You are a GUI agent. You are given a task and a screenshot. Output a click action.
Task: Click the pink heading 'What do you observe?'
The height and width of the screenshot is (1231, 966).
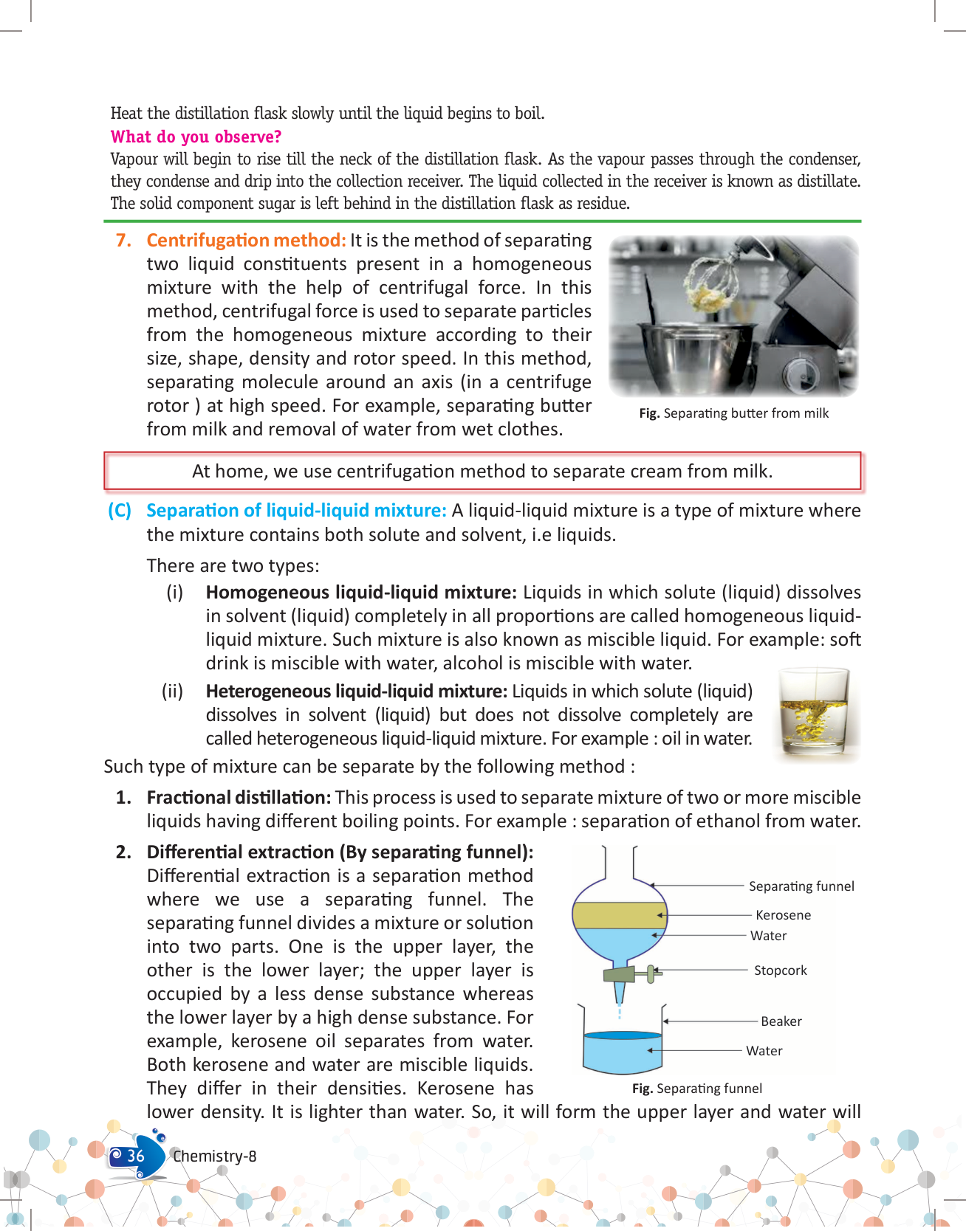196,137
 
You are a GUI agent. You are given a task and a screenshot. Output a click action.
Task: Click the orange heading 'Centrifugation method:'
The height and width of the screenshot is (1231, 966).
246,241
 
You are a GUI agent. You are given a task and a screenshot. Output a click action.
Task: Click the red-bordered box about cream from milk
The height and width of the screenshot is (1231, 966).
482,472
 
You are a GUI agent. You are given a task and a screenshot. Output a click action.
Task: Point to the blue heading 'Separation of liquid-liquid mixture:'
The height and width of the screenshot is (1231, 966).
296,511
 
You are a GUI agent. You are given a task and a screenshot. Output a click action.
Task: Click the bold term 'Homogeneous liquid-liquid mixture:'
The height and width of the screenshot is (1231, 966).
361,593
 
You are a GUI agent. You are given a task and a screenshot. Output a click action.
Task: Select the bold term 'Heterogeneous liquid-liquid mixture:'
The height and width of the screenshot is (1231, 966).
357,692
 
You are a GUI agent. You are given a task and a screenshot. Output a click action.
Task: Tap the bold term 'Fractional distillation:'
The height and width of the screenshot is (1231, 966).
239,798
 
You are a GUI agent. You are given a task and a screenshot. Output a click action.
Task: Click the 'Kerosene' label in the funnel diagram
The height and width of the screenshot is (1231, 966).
783,915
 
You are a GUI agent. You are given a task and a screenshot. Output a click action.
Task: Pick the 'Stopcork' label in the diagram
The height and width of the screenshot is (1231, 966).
780,970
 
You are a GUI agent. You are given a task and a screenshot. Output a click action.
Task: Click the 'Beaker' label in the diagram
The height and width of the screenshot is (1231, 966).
781,1021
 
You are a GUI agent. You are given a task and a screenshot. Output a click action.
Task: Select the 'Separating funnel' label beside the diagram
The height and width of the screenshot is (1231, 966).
801,886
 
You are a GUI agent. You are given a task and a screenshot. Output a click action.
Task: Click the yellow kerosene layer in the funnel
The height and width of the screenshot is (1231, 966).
619,915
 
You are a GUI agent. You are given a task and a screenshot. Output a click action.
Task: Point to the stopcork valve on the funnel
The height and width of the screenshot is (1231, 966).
650,974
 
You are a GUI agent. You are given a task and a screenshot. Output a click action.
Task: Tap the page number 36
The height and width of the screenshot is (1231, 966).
136,1156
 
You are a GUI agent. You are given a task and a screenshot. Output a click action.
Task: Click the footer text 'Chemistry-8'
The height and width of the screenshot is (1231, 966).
214,1156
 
